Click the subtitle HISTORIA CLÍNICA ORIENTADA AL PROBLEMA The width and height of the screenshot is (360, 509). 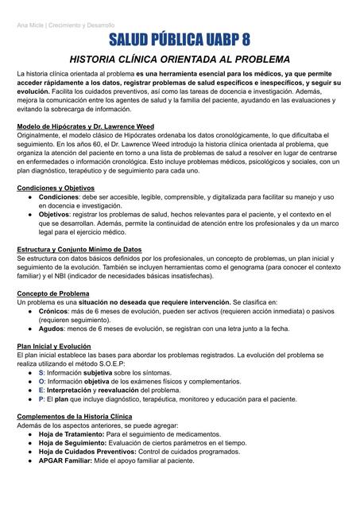tap(180, 60)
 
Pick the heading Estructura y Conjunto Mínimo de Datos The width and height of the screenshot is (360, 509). tap(79, 249)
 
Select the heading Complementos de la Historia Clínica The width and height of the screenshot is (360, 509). tap(75, 416)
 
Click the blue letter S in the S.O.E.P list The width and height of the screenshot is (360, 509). tap(41, 372)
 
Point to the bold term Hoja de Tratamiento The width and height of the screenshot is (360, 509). tap(71, 433)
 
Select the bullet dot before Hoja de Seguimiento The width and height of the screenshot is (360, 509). tap(29, 442)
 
